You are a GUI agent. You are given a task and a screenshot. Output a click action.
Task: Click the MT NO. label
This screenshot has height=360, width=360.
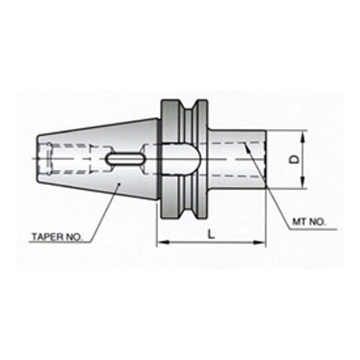[x=309, y=222]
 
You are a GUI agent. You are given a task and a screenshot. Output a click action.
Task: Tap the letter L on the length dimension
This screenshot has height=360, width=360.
[x=211, y=235]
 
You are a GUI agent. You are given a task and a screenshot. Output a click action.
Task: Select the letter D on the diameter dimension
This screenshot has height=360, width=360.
[x=293, y=160]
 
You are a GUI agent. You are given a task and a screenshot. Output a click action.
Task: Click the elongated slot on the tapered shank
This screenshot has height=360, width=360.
[x=124, y=159]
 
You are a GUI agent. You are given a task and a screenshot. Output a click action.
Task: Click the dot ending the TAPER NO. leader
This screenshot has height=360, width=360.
[x=122, y=184]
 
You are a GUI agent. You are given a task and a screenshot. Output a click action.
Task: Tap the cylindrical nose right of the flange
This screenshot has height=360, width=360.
[x=236, y=159]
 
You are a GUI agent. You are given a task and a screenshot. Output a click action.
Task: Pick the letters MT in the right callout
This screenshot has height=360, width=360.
[x=299, y=222]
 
